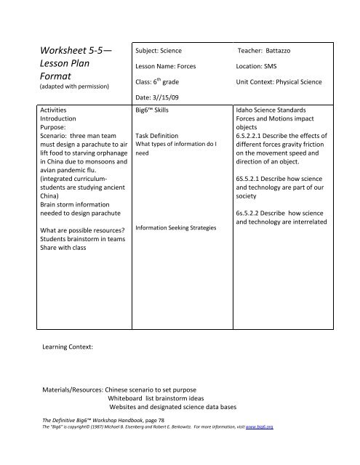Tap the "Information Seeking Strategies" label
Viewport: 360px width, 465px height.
pyautogui.click(x=176, y=228)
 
